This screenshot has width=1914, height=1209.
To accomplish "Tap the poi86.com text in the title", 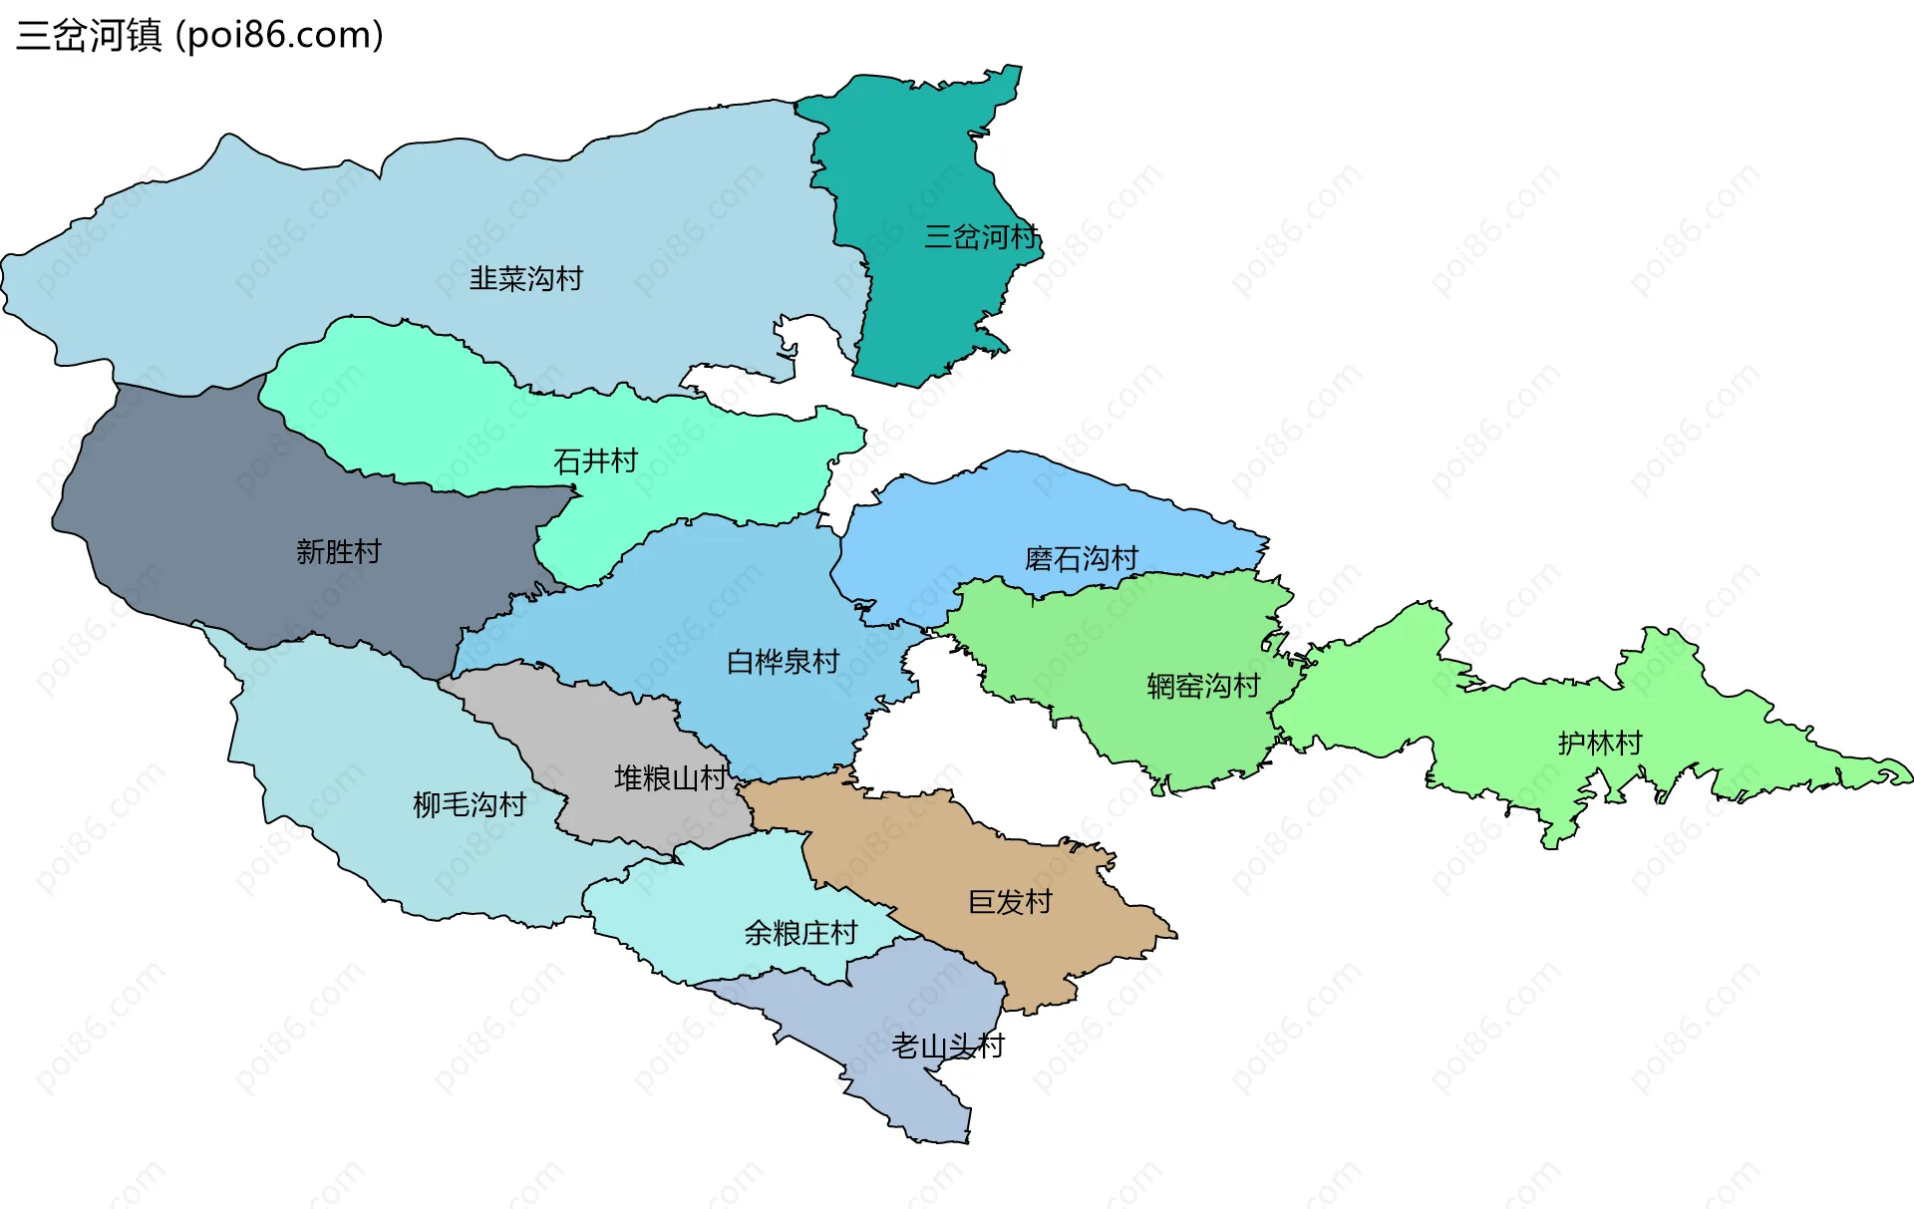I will point(279,36).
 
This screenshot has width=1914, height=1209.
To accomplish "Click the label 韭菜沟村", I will point(525,279).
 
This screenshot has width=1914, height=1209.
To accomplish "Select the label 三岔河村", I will point(981,237).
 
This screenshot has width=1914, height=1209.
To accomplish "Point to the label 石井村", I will point(595,461).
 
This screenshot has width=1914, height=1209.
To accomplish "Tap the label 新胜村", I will point(338,552).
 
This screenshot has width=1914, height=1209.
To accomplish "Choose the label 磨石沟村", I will point(1081,559).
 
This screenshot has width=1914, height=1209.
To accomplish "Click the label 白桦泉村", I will point(783,662).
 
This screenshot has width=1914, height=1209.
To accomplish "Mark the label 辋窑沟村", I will point(1202,687).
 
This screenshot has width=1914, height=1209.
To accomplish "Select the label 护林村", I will point(1599,744).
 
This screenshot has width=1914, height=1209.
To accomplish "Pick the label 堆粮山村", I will point(670,778).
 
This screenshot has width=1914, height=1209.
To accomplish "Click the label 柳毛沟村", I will point(469,805).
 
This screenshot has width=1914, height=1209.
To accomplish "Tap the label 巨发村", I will point(1010,903).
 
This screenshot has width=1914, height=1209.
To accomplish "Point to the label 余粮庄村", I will point(800,934).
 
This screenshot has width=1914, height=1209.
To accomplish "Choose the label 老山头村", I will point(947,1047).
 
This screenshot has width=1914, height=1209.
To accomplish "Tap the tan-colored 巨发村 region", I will point(1047,947).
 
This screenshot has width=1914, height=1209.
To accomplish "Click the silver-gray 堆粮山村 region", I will point(598,728).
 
